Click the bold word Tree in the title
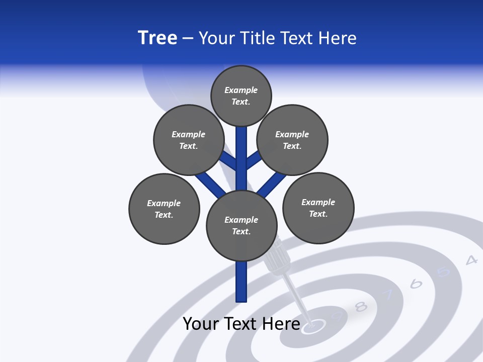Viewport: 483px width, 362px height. pyautogui.click(x=157, y=38)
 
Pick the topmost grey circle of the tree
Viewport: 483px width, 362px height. pyautogui.click(x=241, y=96)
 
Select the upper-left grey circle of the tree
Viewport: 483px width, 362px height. pyautogui.click(x=189, y=140)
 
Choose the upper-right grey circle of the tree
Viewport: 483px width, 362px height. pyautogui.click(x=292, y=140)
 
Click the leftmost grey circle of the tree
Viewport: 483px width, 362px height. pyautogui.click(x=164, y=209)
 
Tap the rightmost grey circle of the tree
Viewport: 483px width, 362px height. pyautogui.click(x=318, y=208)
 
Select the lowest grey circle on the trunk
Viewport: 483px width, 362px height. pyautogui.click(x=242, y=225)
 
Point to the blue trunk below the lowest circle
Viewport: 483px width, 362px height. pyautogui.click(x=242, y=282)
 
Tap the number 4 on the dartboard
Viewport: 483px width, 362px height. pyautogui.click(x=471, y=260)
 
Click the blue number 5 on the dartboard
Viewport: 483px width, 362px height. pyautogui.click(x=443, y=272)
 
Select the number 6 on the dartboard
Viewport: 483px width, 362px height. pyautogui.click(x=416, y=284)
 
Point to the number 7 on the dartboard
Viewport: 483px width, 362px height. pyautogui.click(x=388, y=295)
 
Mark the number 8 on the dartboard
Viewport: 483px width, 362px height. pyautogui.click(x=361, y=306)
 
